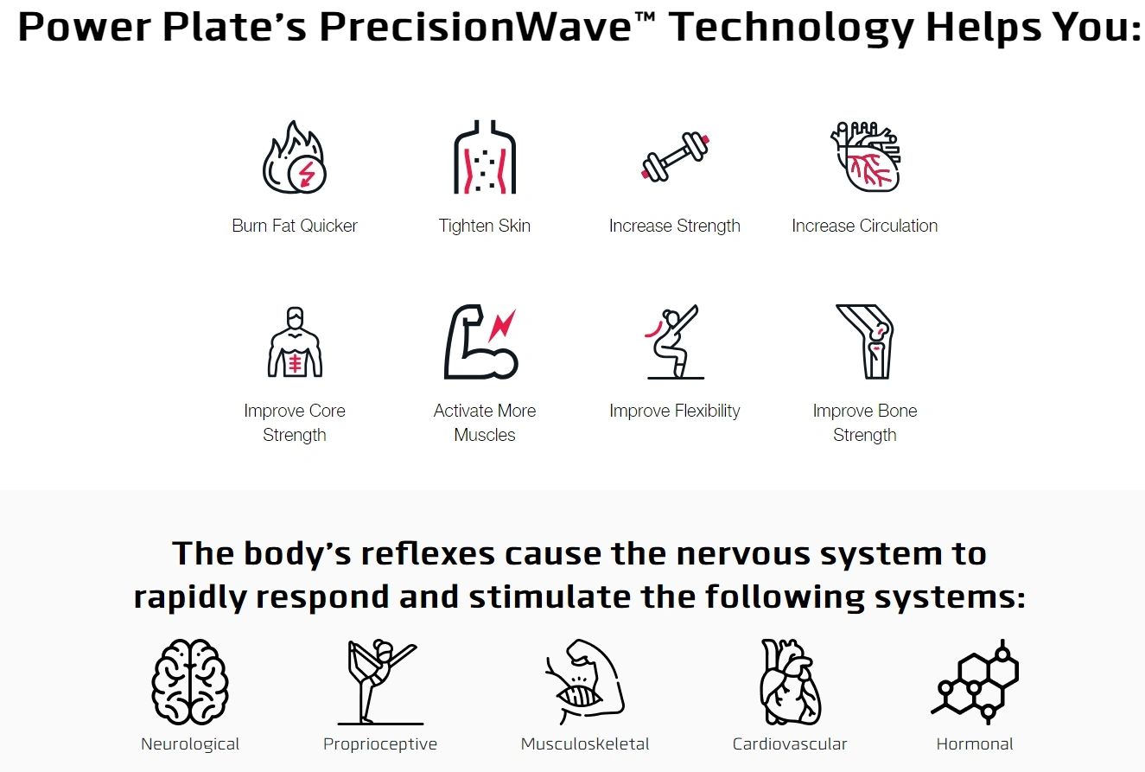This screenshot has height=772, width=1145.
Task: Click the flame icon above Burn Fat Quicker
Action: [294, 157]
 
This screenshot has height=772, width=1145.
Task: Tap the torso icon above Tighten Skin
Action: [485, 157]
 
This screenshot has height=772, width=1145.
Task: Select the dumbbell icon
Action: [675, 156]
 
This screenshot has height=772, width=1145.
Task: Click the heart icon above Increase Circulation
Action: [865, 157]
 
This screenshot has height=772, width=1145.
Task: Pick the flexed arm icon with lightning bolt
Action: [480, 342]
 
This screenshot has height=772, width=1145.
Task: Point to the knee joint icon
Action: [865, 342]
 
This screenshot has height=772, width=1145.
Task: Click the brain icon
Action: [189, 681]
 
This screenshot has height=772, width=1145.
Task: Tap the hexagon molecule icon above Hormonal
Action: [975, 681]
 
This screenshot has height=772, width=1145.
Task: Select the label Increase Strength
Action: [675, 226]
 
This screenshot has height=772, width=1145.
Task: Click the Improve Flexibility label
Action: [675, 411]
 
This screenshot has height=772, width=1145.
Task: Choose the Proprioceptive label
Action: [380, 743]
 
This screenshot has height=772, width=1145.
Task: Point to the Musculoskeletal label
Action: [585, 743]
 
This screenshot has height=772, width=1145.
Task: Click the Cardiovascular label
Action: [790, 743]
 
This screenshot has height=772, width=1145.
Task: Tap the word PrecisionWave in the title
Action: [475, 27]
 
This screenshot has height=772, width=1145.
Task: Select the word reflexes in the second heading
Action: [428, 553]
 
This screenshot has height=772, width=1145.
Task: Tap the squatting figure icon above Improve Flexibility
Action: [674, 342]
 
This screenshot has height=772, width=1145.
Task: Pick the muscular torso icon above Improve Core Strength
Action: [295, 342]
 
